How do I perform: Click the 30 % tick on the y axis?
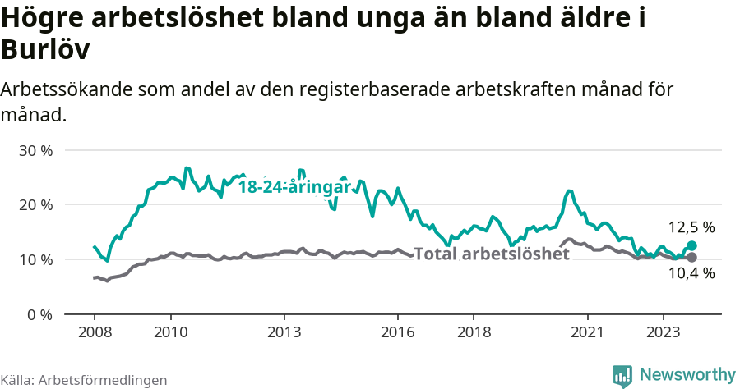(x=35, y=151)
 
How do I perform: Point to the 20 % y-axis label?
(x=35, y=205)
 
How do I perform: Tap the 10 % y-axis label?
(x=35, y=260)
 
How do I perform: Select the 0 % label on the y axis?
(x=39, y=314)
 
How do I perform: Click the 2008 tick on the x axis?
(x=94, y=332)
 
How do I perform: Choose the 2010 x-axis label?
(x=170, y=332)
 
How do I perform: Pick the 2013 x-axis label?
(x=284, y=332)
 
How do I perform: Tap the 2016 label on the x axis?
(x=398, y=332)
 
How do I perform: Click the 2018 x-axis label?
(x=474, y=332)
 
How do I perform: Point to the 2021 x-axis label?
(x=588, y=332)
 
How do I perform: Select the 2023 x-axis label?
(x=664, y=332)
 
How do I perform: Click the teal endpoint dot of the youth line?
(x=691, y=245)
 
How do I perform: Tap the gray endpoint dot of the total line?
(x=691, y=258)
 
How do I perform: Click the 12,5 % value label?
(x=691, y=227)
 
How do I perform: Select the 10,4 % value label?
(x=691, y=274)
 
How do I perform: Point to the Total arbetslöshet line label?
(x=491, y=254)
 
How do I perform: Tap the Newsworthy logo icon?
(x=622, y=375)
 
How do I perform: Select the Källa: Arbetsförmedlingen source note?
(x=84, y=380)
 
